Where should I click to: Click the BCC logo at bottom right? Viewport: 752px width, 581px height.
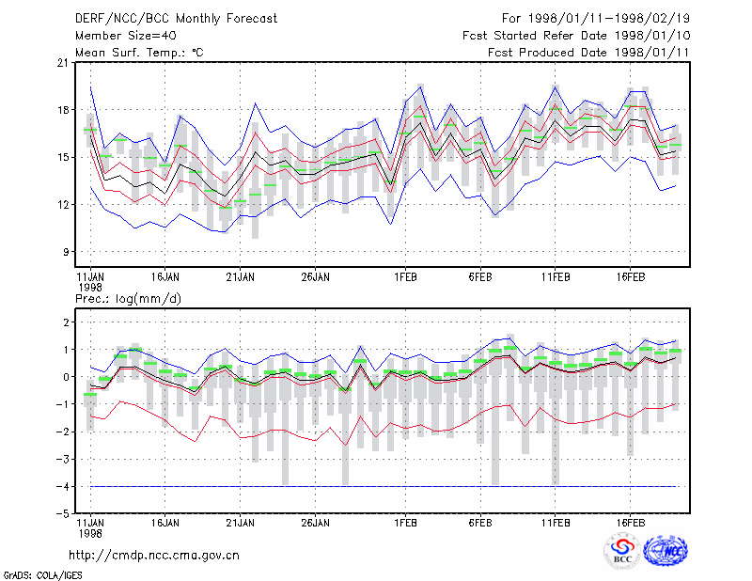pyautogui.click(x=622, y=552)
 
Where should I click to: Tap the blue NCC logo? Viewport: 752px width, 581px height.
pyautogui.click(x=666, y=551)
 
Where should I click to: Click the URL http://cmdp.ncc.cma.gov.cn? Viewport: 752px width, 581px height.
pyautogui.click(x=154, y=556)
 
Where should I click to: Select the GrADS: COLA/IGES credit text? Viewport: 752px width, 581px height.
pyautogui.click(x=43, y=575)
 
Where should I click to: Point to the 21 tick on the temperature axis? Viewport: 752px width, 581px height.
pyautogui.click(x=63, y=63)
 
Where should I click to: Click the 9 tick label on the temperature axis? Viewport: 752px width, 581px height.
pyautogui.click(x=66, y=252)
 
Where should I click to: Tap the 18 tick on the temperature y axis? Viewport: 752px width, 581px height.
pyautogui.click(x=63, y=110)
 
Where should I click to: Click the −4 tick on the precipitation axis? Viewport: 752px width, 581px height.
pyautogui.click(x=63, y=486)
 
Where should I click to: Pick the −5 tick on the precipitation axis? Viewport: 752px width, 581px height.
pyautogui.click(x=63, y=514)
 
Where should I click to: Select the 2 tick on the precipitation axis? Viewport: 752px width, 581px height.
pyautogui.click(x=66, y=322)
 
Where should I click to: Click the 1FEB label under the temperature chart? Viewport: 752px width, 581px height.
pyautogui.click(x=406, y=277)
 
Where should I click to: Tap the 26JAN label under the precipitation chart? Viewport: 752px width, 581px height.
pyautogui.click(x=316, y=523)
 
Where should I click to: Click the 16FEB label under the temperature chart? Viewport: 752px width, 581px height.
pyautogui.click(x=631, y=277)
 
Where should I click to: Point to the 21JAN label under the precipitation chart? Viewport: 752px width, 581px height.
pyautogui.click(x=241, y=523)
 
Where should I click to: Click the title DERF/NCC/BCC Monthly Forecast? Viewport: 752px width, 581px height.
pyautogui.click(x=176, y=19)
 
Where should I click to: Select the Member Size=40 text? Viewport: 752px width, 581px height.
pyautogui.click(x=126, y=36)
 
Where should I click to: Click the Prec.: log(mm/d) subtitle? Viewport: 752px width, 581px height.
pyautogui.click(x=128, y=299)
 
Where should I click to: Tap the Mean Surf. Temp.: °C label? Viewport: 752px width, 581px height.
pyautogui.click(x=139, y=53)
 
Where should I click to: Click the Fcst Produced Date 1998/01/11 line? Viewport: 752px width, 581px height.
pyautogui.click(x=588, y=53)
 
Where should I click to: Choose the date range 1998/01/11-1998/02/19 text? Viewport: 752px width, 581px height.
pyautogui.click(x=609, y=19)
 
